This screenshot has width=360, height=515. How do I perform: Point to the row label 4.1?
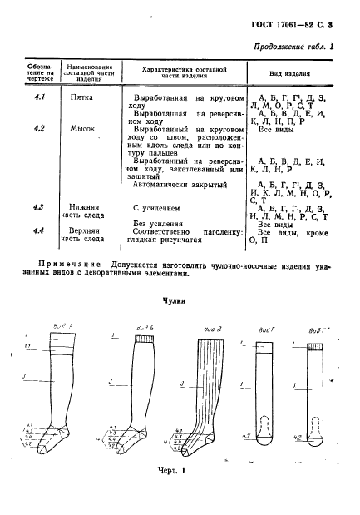[x=37, y=97]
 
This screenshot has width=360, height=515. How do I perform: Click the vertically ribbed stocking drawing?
[x=203, y=391]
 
